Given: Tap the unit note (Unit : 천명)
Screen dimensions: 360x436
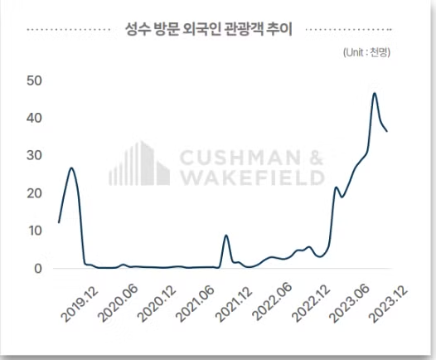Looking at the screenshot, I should [366, 52].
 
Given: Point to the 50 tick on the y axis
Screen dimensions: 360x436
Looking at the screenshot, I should [34, 80].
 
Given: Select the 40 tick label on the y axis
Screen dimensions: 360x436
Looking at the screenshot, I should [34, 118].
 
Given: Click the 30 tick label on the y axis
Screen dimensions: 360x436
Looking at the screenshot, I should [34, 155].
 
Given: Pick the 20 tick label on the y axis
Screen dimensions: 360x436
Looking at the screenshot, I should [34, 193].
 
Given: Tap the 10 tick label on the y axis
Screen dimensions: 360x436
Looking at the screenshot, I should [34, 231].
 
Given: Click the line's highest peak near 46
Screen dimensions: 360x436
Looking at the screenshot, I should [375, 94].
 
